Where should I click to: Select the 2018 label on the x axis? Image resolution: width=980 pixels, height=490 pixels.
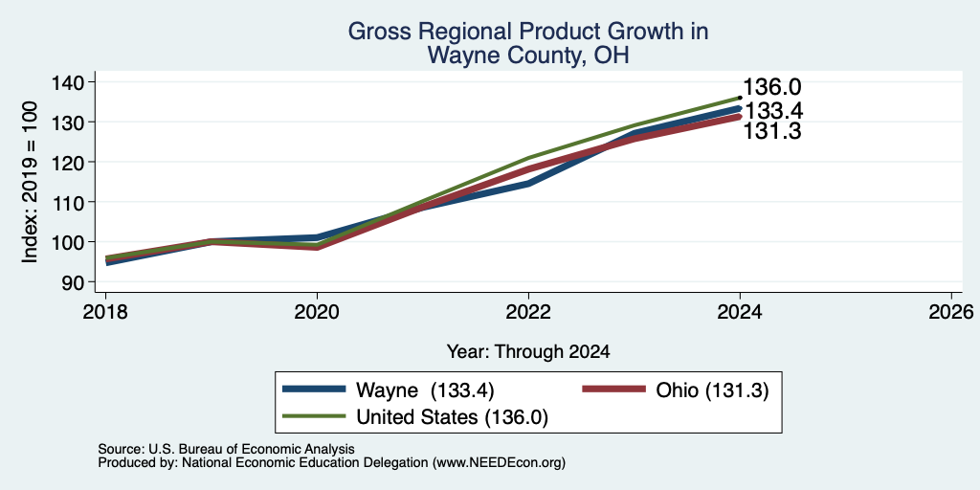coord(105,311)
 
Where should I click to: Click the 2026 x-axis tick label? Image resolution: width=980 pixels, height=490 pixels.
coord(951,311)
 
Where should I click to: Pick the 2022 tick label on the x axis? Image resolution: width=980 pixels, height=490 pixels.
coord(528,311)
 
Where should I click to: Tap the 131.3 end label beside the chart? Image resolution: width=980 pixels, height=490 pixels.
coord(772,131)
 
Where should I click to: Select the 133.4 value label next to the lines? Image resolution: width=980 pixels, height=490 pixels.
coord(773,111)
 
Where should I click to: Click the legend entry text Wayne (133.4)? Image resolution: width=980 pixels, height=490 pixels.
coord(425,390)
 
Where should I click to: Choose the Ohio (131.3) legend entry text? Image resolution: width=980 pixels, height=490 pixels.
coord(712,390)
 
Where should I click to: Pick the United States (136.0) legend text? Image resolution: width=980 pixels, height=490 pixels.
coord(452,417)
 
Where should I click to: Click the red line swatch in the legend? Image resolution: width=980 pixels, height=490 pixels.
coord(613,390)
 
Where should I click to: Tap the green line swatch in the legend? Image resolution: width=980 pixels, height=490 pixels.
coord(314,415)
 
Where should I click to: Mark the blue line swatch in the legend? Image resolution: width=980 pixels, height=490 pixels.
coord(314,390)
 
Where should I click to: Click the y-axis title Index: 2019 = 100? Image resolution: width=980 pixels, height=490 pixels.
coord(30,182)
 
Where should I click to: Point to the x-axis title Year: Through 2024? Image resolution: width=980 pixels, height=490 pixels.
coord(528,352)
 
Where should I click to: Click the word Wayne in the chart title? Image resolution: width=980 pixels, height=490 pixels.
coord(461,56)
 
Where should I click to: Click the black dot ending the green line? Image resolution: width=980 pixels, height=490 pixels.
coord(740,98)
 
